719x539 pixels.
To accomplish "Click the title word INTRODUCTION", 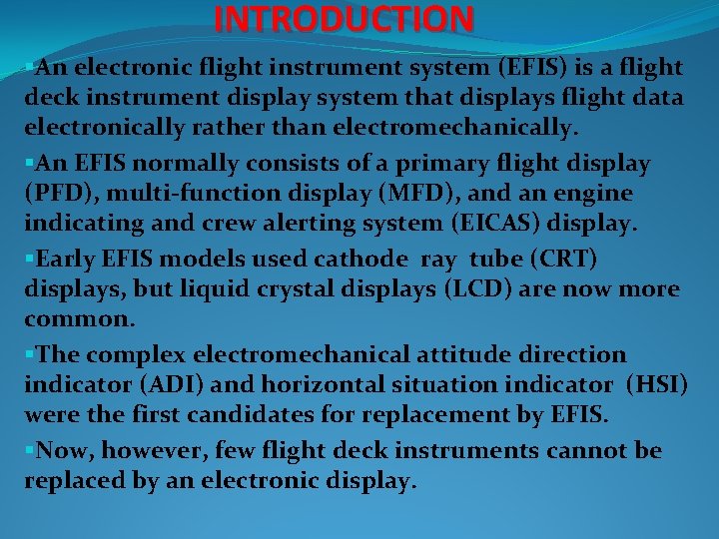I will [345, 18].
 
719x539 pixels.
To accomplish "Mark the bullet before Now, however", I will [30, 451].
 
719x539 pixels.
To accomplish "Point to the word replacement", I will [454, 418].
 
